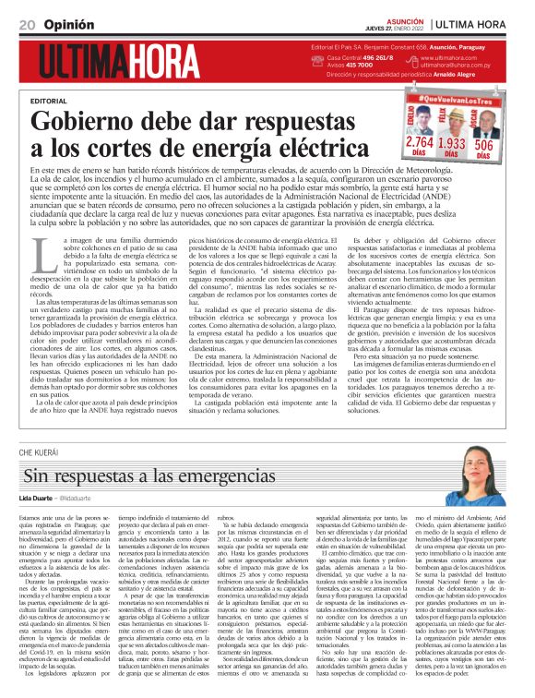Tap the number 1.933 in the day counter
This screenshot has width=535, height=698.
point(451,143)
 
